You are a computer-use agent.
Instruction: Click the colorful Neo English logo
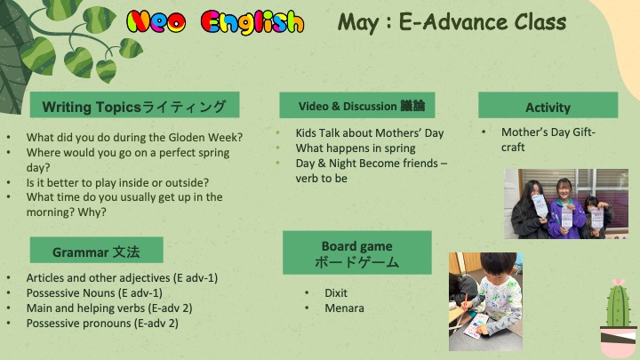point(215,22)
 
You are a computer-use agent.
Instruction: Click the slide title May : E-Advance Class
point(452,22)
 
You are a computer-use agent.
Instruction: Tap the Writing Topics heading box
point(135,105)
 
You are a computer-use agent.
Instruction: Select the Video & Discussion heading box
point(357,105)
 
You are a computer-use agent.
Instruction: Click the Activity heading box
point(548,105)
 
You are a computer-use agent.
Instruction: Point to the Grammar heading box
point(97,250)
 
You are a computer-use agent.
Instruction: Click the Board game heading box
point(357,253)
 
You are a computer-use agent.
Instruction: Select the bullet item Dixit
point(336,293)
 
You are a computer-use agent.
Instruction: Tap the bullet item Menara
point(345,308)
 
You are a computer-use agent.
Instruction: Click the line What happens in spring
point(356,148)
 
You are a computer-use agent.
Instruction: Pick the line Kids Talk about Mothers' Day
point(370,133)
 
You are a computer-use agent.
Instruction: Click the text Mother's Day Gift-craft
point(548,140)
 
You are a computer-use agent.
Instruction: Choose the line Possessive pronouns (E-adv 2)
point(102,324)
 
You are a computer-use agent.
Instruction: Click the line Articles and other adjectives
point(122,278)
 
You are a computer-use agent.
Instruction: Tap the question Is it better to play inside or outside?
point(117,182)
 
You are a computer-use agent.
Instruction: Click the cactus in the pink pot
point(619,318)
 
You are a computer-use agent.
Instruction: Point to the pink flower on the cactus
point(619,282)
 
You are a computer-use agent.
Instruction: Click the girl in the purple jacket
point(566,209)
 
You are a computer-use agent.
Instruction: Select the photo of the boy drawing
point(485,301)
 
